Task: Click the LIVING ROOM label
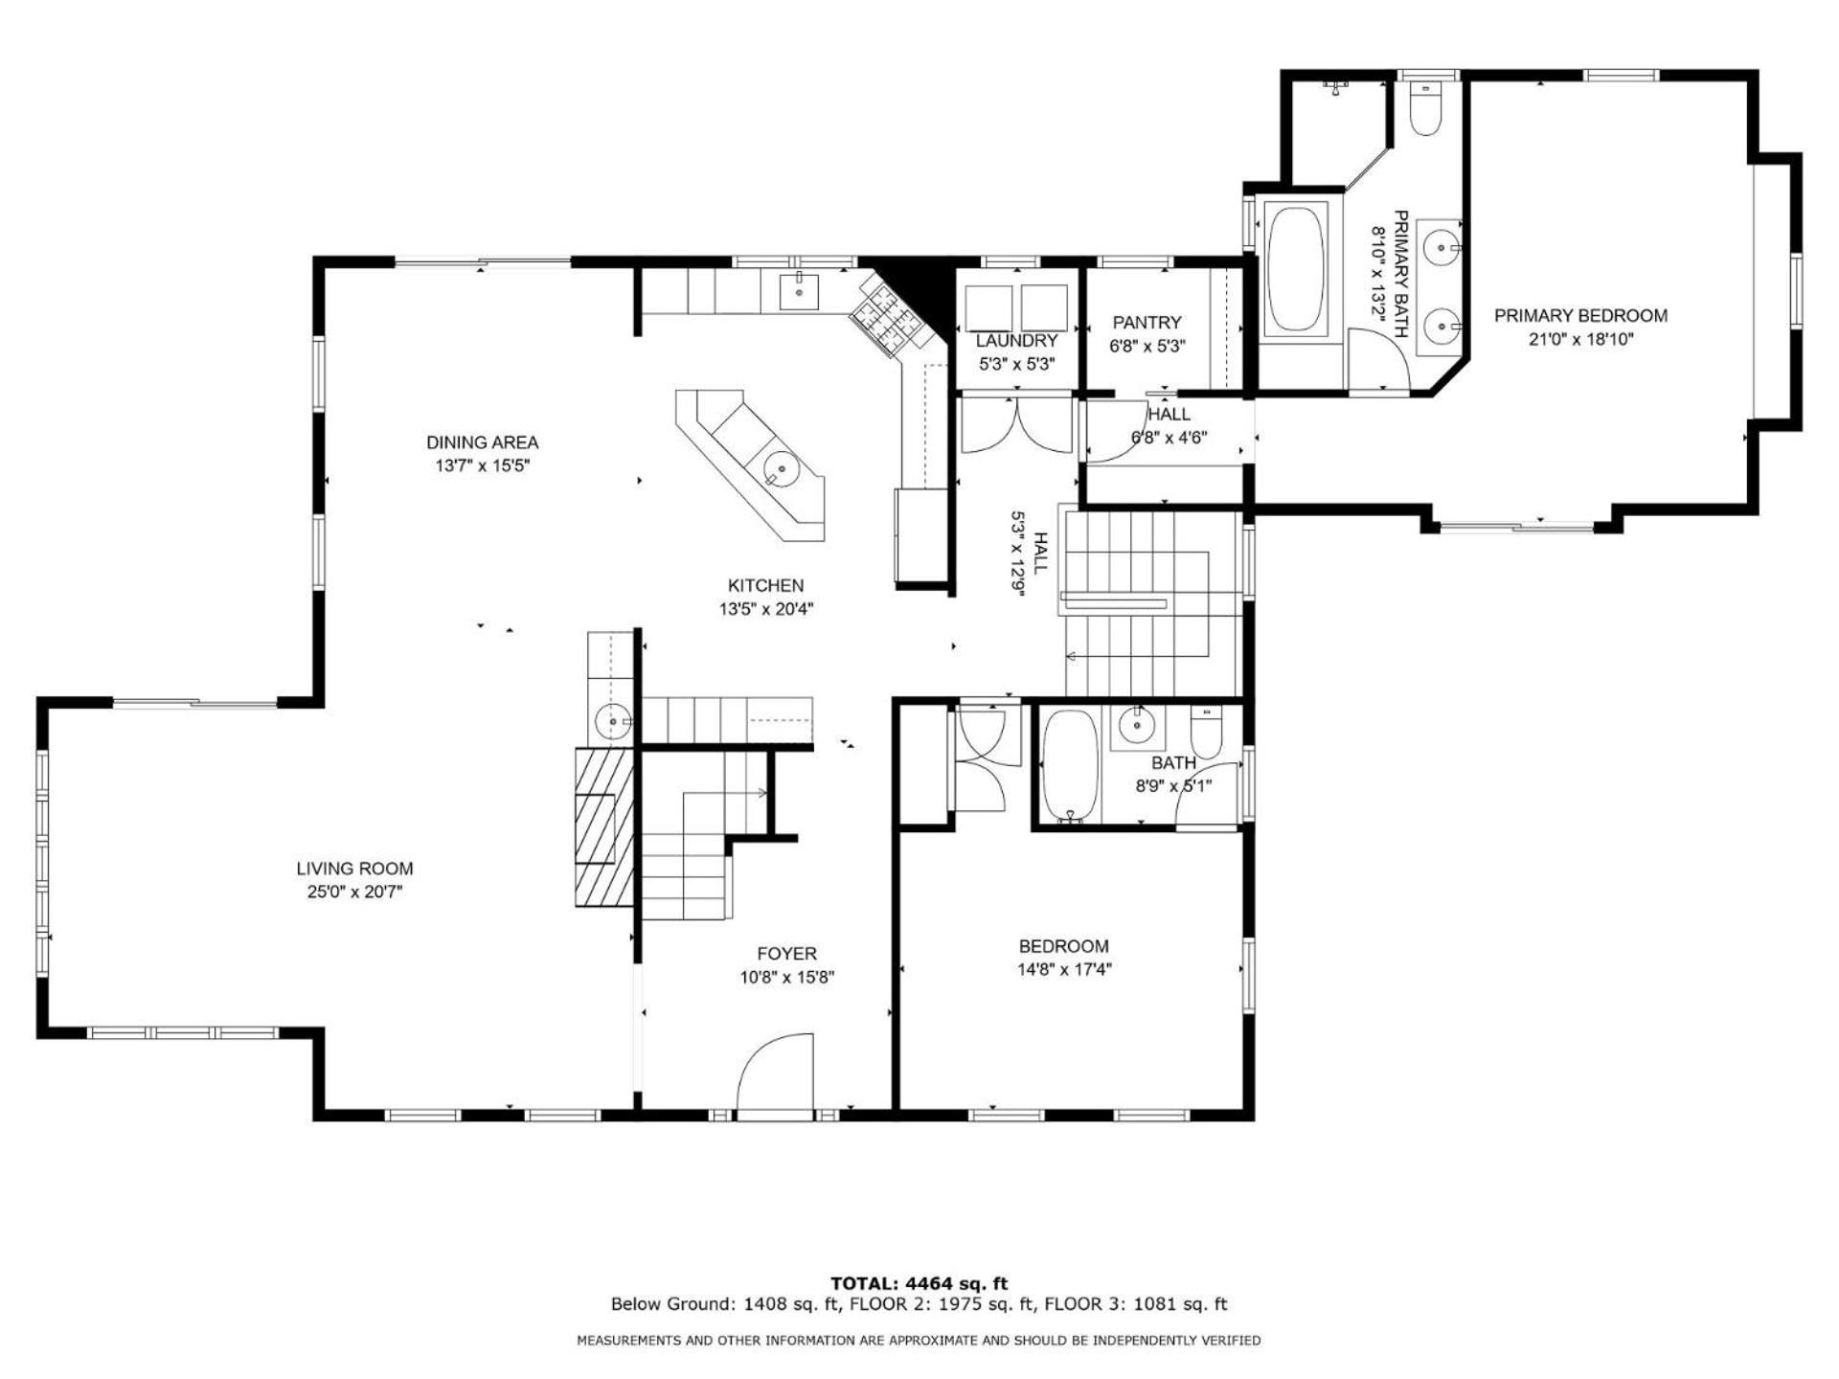click(354, 869)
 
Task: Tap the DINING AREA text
click(482, 442)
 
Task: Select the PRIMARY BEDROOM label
click(1580, 316)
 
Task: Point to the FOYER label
click(786, 954)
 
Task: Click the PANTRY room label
click(1147, 323)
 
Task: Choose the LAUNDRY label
click(1016, 341)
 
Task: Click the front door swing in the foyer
click(776, 1073)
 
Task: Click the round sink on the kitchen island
click(782, 469)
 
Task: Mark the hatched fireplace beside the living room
click(604, 826)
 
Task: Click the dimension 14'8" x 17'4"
click(1064, 969)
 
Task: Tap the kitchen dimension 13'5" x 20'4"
click(766, 608)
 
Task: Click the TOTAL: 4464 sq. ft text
click(919, 1283)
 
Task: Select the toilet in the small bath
click(1206, 733)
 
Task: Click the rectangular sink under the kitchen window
click(799, 291)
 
